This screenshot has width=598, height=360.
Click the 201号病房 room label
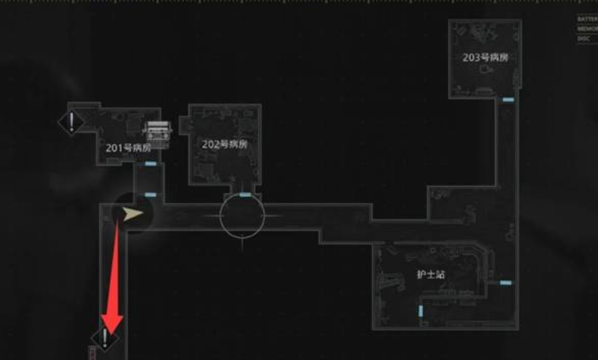pyautogui.click(x=127, y=147)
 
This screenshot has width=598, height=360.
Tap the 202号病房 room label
pyautogui.click(x=224, y=144)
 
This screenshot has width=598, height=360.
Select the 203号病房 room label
pyautogui.click(x=485, y=58)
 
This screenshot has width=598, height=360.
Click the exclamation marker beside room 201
pyautogui.click(x=71, y=122)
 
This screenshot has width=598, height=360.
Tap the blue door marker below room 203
pyautogui.click(x=507, y=100)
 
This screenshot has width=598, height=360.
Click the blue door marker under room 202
pyautogui.click(x=245, y=195)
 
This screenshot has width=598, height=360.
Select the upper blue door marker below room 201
pyautogui.click(x=150, y=164)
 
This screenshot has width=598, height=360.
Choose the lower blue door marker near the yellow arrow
pyautogui.click(x=150, y=195)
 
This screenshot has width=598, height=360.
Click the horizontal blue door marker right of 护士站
pyautogui.click(x=506, y=282)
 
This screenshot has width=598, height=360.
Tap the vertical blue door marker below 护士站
pyautogui.click(x=420, y=311)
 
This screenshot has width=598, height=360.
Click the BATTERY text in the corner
pyautogui.click(x=587, y=19)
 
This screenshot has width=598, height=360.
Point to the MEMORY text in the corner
pyautogui.click(x=587, y=29)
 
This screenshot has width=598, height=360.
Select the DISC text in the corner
pyautogui.click(x=584, y=39)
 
